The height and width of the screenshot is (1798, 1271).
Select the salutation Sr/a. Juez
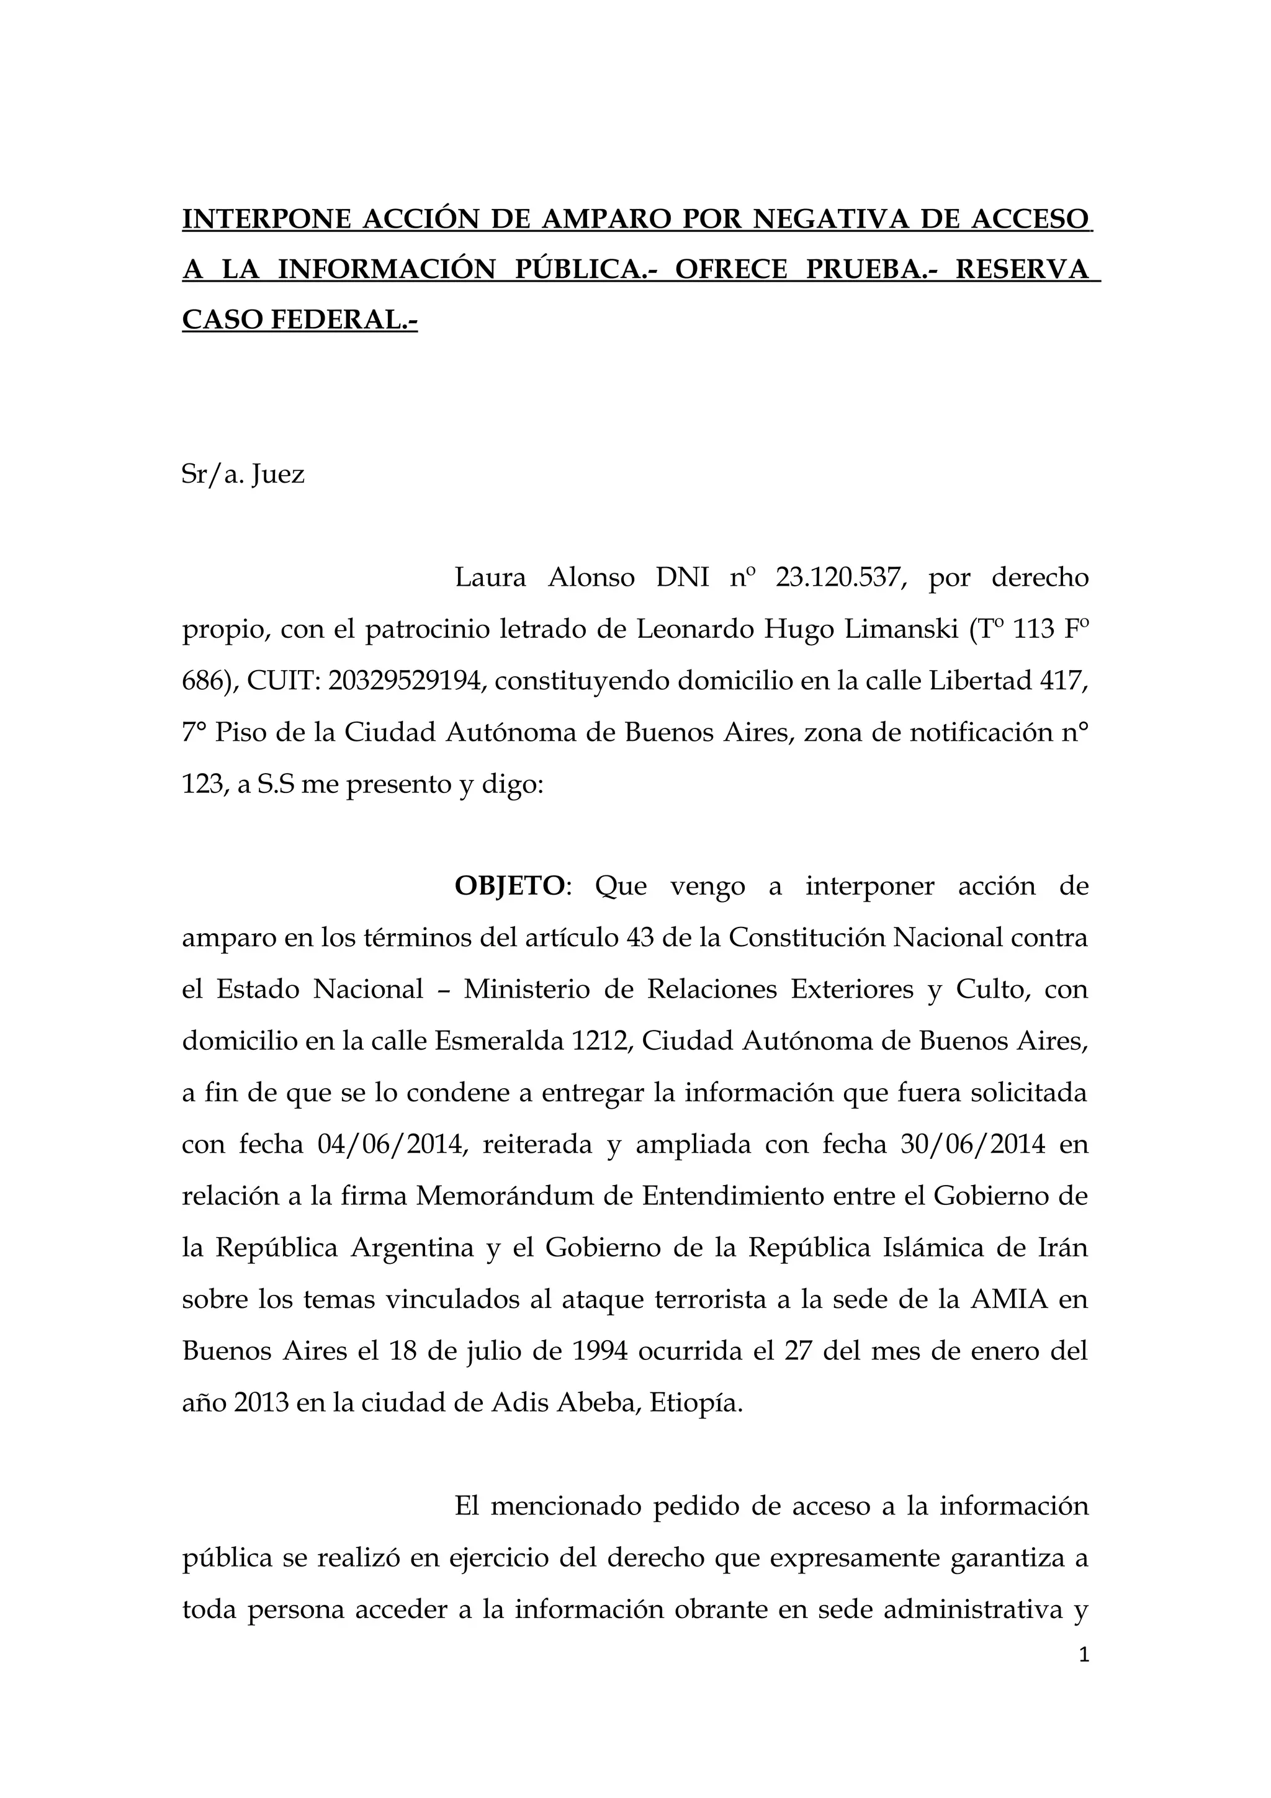tap(243, 474)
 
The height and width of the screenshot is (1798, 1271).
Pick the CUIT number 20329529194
tap(404, 681)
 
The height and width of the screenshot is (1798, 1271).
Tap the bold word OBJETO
tap(509, 887)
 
